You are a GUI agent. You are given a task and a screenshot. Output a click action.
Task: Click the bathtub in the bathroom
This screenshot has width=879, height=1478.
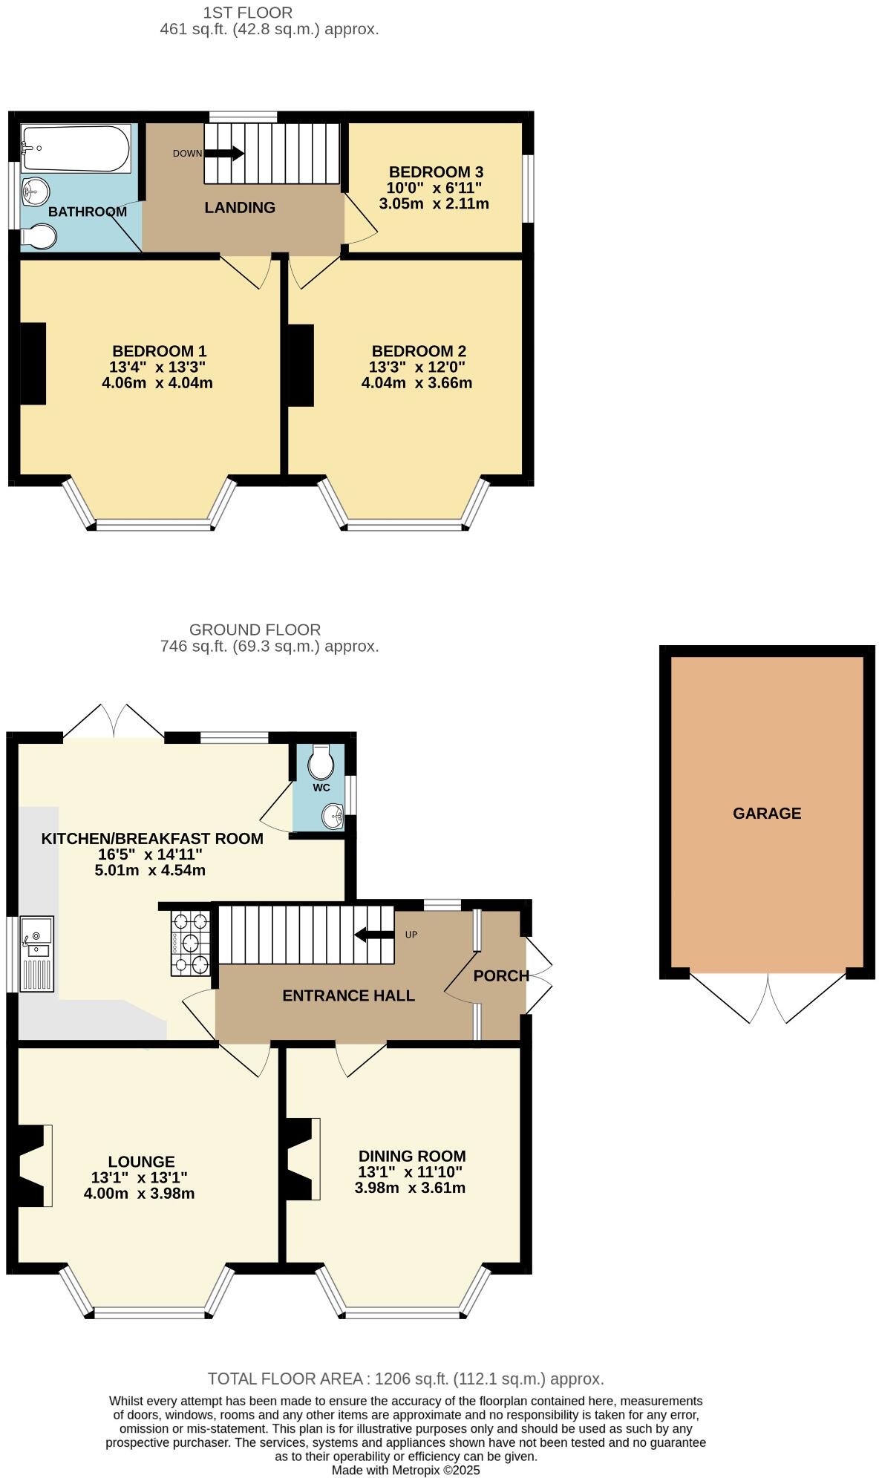[76, 148]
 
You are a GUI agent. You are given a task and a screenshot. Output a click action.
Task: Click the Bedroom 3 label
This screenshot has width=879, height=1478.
[436, 171]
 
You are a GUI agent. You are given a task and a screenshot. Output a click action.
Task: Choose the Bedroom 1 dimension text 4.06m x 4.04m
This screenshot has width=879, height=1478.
[157, 383]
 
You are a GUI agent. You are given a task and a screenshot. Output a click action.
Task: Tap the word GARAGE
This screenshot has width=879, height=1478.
[767, 813]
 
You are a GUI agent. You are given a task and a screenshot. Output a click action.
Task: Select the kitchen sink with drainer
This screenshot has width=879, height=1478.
[36, 953]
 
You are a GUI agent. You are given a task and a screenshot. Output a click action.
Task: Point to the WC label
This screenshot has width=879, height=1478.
[321, 788]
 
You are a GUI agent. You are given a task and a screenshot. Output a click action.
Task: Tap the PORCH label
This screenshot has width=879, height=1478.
[501, 975]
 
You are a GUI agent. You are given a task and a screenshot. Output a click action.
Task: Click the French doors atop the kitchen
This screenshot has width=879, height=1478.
[114, 720]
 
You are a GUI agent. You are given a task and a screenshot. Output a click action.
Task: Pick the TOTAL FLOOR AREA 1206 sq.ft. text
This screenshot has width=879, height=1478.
[405, 1379]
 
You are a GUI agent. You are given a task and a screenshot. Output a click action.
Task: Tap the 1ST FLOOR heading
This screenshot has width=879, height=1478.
[248, 12]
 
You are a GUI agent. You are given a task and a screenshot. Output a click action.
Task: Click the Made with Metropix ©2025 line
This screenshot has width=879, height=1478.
[405, 1469]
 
